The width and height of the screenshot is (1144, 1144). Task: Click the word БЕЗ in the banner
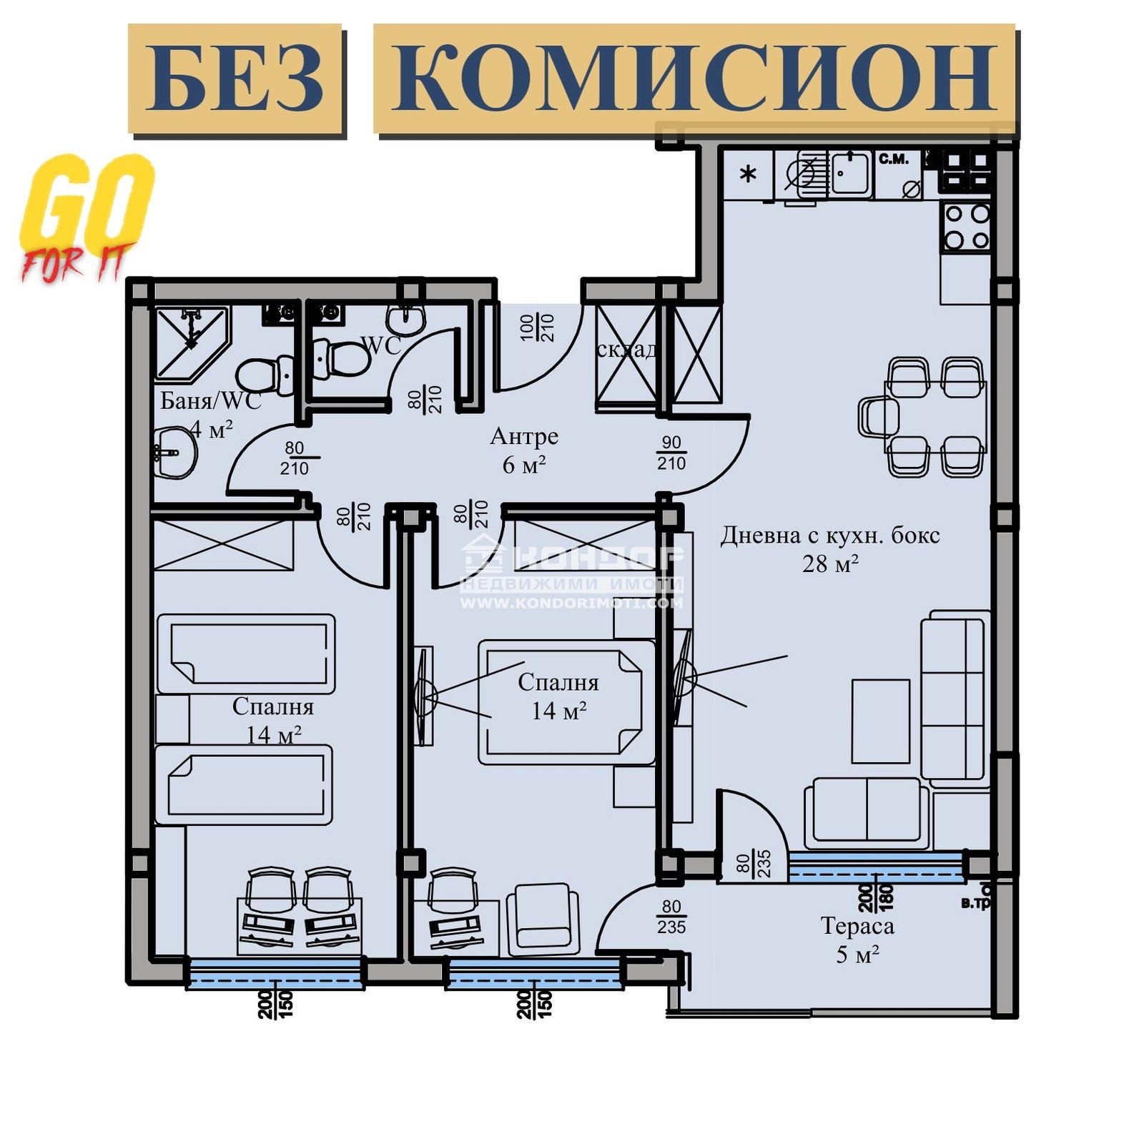235,79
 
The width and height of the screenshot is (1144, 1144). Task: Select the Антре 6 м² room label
524,450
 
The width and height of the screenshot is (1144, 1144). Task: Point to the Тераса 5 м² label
857,940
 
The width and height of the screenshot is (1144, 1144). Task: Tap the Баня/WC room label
210,401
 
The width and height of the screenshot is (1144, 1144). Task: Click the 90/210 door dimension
671,453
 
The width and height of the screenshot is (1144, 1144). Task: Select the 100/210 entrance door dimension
537,327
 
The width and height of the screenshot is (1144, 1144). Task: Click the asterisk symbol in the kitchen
748,174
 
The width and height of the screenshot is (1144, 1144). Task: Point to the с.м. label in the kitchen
893,159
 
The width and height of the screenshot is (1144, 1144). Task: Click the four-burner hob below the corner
967,227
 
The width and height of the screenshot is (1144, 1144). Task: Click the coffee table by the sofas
880,721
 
